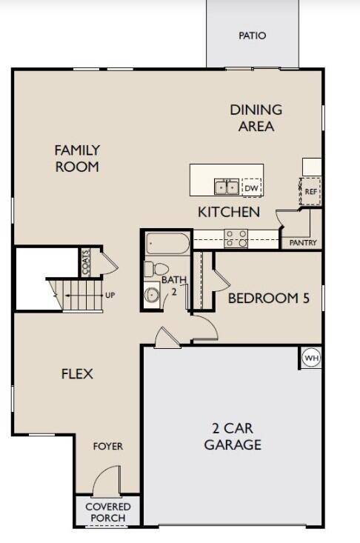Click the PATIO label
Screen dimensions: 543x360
coord(253,36)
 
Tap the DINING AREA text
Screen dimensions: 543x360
coord(256,118)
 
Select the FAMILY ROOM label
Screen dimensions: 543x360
coord(77,159)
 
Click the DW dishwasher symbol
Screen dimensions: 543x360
coord(252,188)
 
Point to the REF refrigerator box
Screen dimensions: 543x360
coord(311,190)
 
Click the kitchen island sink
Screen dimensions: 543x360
coord(226,187)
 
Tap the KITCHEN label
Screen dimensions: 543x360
coord(228,213)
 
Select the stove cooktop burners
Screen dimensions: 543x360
coord(236,239)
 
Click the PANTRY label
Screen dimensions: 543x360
coord(303,242)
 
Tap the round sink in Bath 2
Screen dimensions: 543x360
coord(152,296)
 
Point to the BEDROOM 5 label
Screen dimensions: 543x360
coord(267,299)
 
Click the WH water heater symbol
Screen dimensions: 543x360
coord(311,359)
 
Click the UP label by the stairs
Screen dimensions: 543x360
coord(110,296)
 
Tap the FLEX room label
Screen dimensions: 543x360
coord(77,374)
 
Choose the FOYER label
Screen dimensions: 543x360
coord(108,447)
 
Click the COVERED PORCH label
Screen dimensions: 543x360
coord(107,512)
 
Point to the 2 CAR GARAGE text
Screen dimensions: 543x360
coord(233,437)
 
